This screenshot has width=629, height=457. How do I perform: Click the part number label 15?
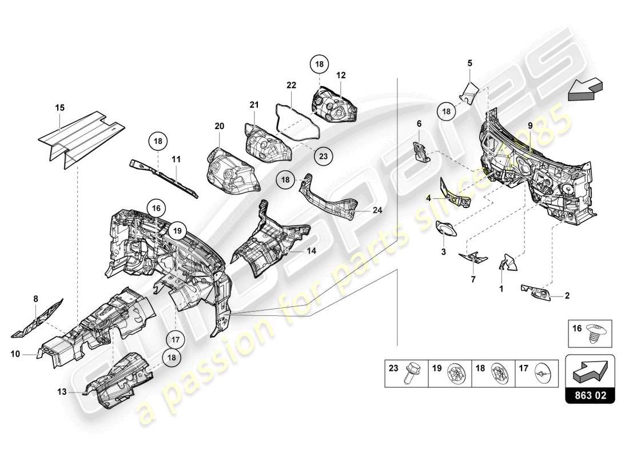pos(60,107)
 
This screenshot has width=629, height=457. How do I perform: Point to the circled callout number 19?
pos(178,231)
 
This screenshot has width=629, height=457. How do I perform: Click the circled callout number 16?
pos(157,208)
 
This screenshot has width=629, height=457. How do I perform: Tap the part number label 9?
pos(530,125)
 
